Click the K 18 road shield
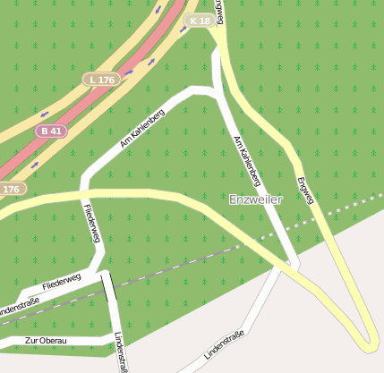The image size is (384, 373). coord(200,20)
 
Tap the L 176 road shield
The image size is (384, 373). coord(102,80)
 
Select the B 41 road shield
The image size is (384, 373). coord(51,131)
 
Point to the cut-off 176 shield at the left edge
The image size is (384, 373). coord(11,189)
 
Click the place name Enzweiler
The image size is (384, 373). coord(255,199)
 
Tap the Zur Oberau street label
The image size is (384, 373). coord(46,341)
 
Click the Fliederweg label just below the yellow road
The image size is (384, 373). coord(90,222)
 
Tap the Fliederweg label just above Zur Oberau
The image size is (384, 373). coord(61,281)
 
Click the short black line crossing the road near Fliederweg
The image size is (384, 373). coord(108,288)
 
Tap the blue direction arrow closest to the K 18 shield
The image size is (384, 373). coord(183,29)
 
